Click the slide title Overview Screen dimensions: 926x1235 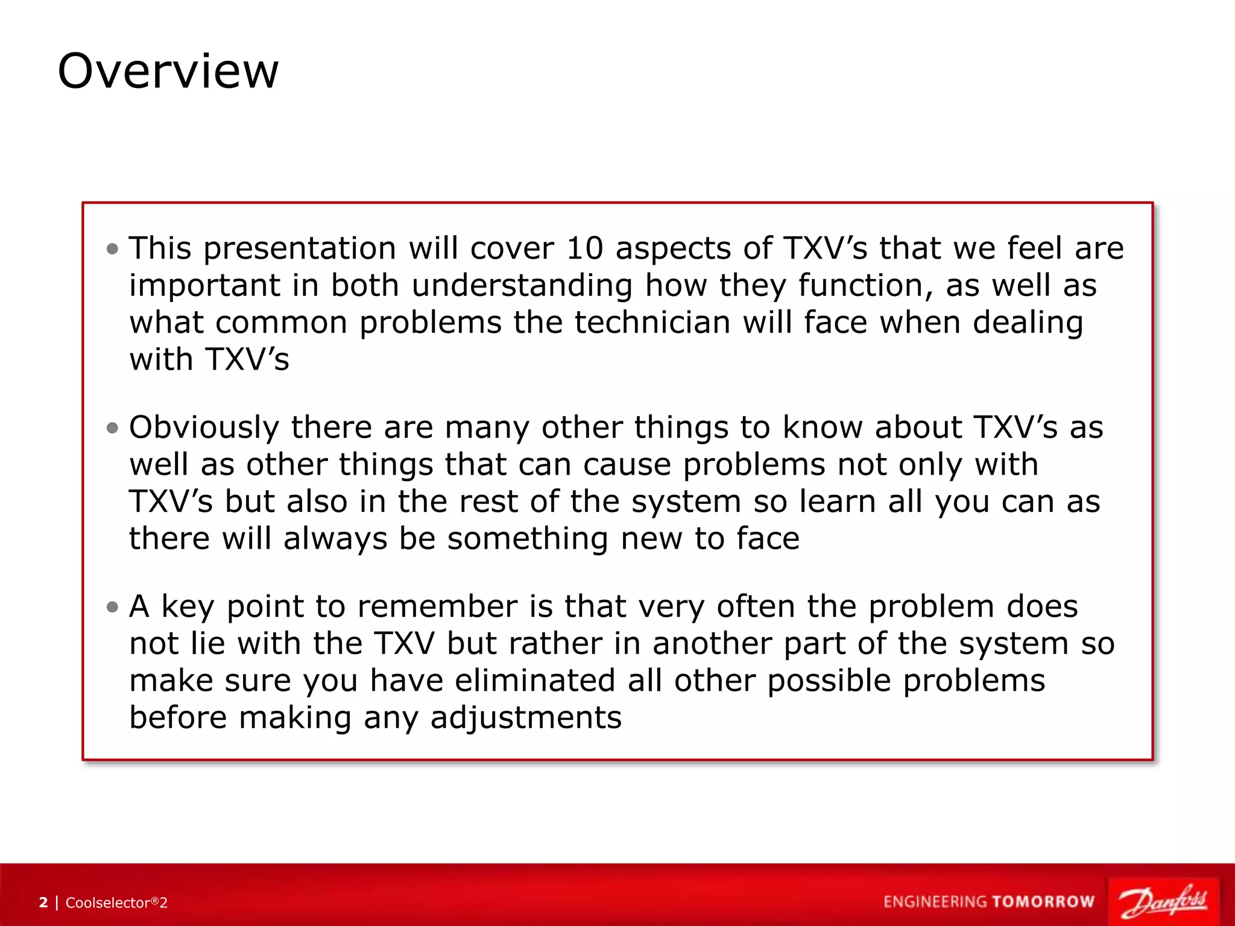click(x=168, y=71)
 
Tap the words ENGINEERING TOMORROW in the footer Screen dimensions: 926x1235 click(x=989, y=902)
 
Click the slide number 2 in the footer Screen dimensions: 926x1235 click(x=43, y=902)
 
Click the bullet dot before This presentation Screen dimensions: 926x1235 click(x=112, y=248)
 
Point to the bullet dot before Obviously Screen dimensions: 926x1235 click(x=112, y=427)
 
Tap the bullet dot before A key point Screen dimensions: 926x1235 click(x=112, y=606)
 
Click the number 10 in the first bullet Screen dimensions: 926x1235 click(x=584, y=248)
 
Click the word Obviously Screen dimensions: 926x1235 click(x=204, y=428)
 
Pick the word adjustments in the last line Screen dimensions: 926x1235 click(x=526, y=718)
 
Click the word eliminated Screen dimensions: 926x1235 click(x=535, y=681)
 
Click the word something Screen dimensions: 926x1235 click(x=527, y=538)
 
